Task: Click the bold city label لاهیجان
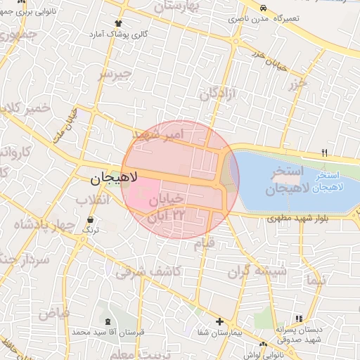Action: [x=115, y=179]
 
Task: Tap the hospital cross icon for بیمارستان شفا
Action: [x=220, y=321]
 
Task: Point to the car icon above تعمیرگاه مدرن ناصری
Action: [x=263, y=8]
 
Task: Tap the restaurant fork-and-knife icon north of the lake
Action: [x=324, y=152]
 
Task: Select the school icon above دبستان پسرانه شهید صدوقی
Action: [x=300, y=319]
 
